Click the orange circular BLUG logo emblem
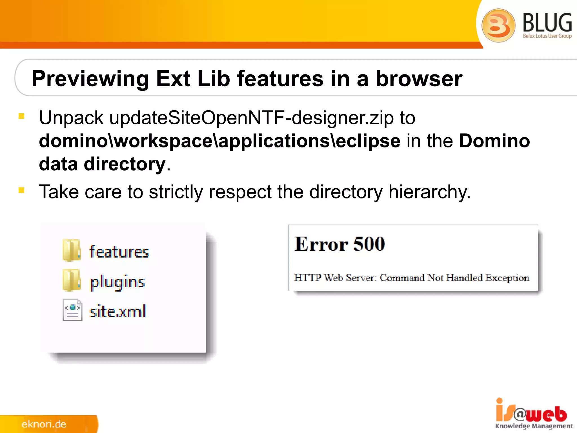pyautogui.click(x=498, y=25)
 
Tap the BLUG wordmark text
pyautogui.click(x=547, y=23)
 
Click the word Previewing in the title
pyautogui.click(x=90, y=79)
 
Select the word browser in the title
pyautogui.click(x=419, y=79)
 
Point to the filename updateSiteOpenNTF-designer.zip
pyautogui.click(x=251, y=118)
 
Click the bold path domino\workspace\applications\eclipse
pyautogui.click(x=219, y=141)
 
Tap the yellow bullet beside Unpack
pyautogui.click(x=21, y=116)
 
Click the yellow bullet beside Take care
pyautogui.click(x=21, y=190)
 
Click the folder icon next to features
pyautogui.click(x=72, y=250)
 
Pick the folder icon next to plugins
pyautogui.click(x=72, y=280)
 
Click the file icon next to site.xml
pyautogui.click(x=72, y=310)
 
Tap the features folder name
pyautogui.click(x=119, y=252)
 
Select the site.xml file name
pyautogui.click(x=118, y=312)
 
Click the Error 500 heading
pyautogui.click(x=339, y=244)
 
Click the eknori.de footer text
pyautogui.click(x=44, y=424)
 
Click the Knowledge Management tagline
pyautogui.click(x=534, y=426)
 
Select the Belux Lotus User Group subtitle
pyautogui.click(x=547, y=36)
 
